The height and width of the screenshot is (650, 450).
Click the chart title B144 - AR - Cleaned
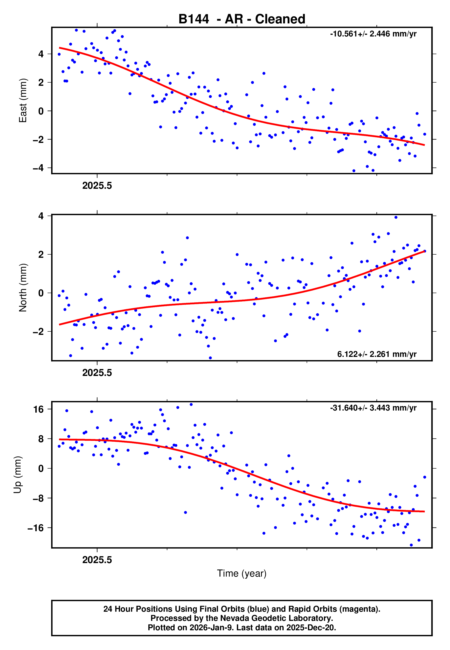(x=242, y=19)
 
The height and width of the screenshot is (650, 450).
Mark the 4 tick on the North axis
(x=41, y=216)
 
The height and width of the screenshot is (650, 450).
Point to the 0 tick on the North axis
(x=41, y=293)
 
